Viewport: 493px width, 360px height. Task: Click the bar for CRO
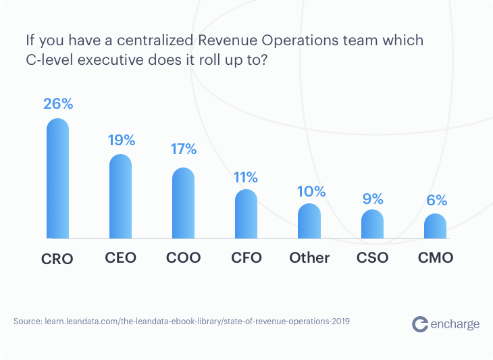[57, 179]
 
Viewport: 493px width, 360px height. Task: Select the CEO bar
[120, 197]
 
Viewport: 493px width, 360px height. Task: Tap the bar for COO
[183, 203]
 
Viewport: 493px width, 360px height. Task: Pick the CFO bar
[246, 214]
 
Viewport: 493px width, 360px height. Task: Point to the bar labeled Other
[309, 221]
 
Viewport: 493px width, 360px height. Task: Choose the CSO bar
[372, 224]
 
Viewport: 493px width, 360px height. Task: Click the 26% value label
[57, 105]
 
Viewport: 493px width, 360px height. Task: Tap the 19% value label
[122, 140]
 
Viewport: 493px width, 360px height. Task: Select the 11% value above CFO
[246, 178]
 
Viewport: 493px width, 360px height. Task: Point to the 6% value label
[436, 200]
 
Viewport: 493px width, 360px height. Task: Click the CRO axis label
[57, 258]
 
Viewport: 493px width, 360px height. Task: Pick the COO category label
[183, 257]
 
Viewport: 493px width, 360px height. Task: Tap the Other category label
[309, 257]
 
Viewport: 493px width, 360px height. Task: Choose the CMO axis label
[436, 257]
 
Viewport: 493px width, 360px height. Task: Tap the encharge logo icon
[420, 324]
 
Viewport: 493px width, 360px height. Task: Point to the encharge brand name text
[455, 324]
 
